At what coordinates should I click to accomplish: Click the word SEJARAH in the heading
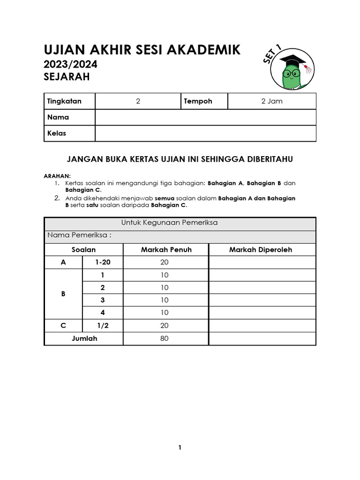[x=66, y=76]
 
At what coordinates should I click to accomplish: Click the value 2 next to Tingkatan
[x=138, y=101]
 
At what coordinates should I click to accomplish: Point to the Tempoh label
[x=198, y=101]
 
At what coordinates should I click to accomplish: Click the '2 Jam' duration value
[x=272, y=101]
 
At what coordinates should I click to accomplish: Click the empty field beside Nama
[x=205, y=117]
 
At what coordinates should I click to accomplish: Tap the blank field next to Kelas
[x=205, y=133]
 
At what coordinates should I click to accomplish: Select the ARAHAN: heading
[x=57, y=175]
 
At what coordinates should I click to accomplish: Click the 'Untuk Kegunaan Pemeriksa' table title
[x=180, y=223]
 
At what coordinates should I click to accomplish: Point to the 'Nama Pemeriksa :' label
[x=78, y=235]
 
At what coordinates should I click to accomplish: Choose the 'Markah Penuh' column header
[x=166, y=249]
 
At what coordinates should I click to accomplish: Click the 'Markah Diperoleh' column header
[x=260, y=249]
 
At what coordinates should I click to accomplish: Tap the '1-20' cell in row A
[x=103, y=262]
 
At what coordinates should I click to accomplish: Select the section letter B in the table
[x=63, y=294]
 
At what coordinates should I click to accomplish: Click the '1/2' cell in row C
[x=103, y=325]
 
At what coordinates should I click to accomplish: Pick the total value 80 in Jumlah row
[x=164, y=338]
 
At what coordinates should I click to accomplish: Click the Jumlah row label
[x=84, y=338]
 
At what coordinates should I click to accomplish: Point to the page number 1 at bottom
[x=180, y=448]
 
